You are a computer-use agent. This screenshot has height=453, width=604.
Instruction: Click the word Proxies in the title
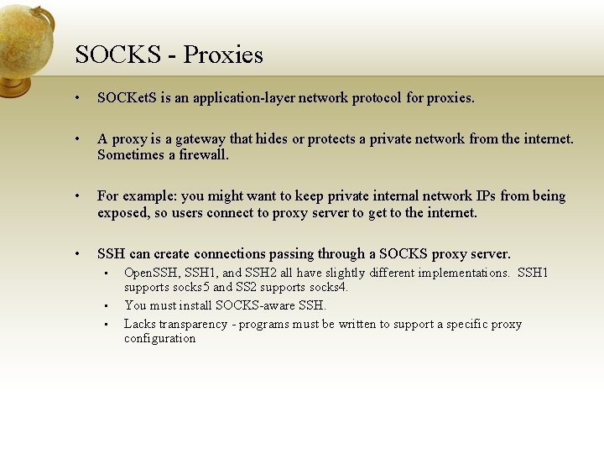[x=223, y=55]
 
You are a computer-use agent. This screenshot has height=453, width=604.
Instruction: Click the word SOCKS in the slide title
[x=117, y=55]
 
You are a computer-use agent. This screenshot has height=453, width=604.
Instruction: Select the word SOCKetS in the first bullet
[x=127, y=97]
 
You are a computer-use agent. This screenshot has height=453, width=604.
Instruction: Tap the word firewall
[x=202, y=154]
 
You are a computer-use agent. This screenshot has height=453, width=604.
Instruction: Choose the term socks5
[x=190, y=287]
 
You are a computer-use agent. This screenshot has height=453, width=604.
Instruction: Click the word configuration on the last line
[x=159, y=338]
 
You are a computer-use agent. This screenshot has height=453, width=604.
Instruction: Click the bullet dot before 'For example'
[x=76, y=196]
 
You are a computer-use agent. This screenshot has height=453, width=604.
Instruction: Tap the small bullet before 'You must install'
[x=107, y=306]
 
